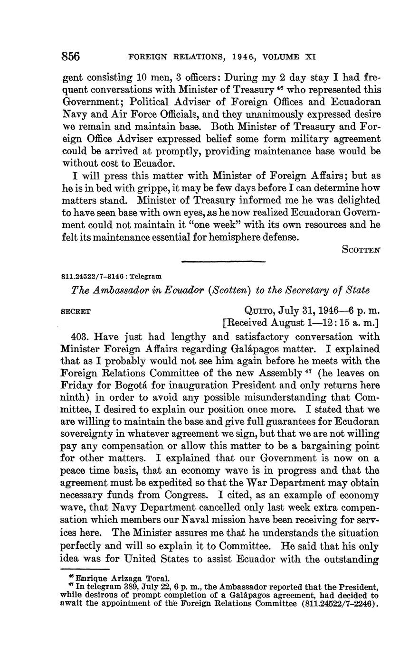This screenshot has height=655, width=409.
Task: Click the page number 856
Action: click(x=71, y=56)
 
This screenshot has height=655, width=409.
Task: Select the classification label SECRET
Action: click(x=76, y=312)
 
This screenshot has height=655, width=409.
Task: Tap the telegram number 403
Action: click(x=79, y=337)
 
